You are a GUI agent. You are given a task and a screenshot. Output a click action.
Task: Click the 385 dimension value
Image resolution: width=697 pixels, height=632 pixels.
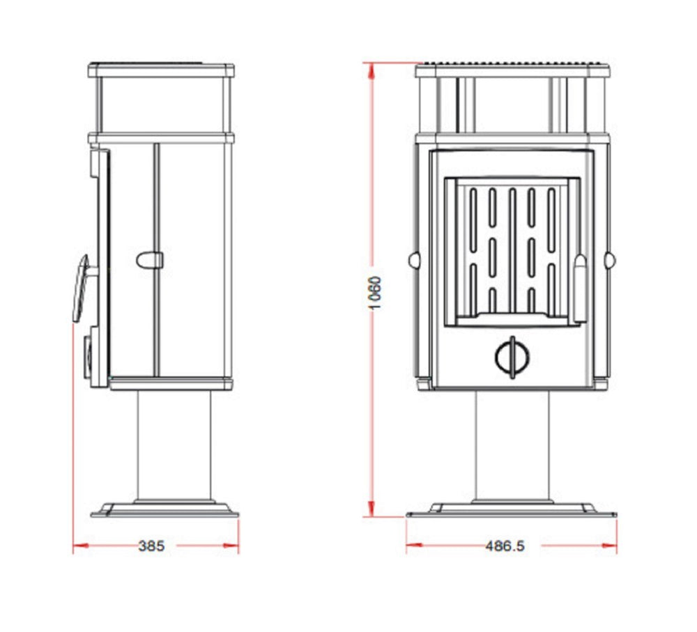click(151, 546)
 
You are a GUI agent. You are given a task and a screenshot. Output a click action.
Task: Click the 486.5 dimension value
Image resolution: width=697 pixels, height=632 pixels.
click(505, 546)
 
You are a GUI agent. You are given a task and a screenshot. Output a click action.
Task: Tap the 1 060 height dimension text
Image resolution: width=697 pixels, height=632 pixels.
click(376, 293)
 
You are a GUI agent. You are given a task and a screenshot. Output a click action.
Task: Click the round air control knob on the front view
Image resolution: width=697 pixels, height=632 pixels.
click(512, 357)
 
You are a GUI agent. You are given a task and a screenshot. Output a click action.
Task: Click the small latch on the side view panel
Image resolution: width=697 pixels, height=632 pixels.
click(150, 261)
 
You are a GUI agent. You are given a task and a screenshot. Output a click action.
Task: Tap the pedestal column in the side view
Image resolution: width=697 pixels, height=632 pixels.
click(174, 445)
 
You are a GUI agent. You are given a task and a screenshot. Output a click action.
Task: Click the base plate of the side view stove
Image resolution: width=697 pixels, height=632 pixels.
click(164, 510)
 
